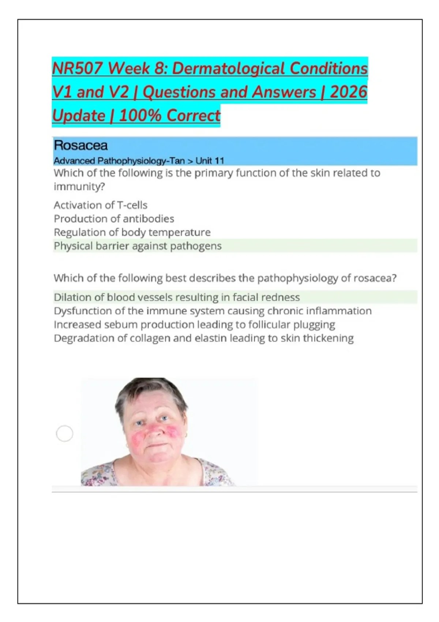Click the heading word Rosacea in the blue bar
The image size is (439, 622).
(x=80, y=145)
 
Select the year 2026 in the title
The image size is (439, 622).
(x=348, y=92)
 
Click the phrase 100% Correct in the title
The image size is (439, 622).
(x=170, y=116)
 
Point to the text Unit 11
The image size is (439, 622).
(x=210, y=161)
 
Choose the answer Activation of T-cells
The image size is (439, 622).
(x=101, y=205)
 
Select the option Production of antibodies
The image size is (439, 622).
(x=114, y=218)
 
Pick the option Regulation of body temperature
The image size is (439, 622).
(x=132, y=232)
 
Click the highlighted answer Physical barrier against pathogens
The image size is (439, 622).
(x=138, y=246)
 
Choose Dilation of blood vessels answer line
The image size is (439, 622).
(x=177, y=297)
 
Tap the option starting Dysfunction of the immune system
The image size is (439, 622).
(x=213, y=311)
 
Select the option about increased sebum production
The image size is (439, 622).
(x=194, y=325)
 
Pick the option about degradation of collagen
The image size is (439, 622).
(x=203, y=338)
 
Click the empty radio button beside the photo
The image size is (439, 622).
(x=65, y=434)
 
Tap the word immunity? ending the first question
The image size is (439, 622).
(x=79, y=187)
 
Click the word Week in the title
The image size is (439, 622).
(x=129, y=68)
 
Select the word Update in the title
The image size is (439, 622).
(x=79, y=116)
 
